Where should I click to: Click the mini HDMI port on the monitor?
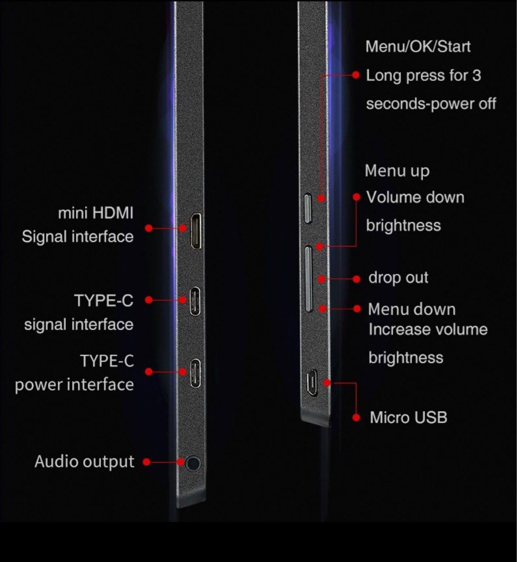(x=196, y=231)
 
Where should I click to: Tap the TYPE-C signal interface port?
(x=195, y=301)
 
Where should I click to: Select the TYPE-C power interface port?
(x=195, y=373)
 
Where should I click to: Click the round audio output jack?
(x=193, y=463)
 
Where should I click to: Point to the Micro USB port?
(x=312, y=383)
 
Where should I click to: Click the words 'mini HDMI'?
(x=96, y=213)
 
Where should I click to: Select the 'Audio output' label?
(x=85, y=462)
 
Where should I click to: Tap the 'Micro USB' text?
(x=408, y=417)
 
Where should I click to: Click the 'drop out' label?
(x=398, y=278)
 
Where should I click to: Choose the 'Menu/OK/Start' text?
(x=418, y=47)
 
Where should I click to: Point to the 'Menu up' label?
(x=397, y=171)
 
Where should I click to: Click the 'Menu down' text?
(x=411, y=309)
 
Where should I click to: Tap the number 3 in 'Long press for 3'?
(x=476, y=75)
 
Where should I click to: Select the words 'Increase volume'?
(x=428, y=329)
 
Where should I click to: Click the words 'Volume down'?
(x=415, y=198)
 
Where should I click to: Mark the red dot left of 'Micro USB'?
(x=356, y=417)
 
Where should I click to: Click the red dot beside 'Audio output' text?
(x=146, y=462)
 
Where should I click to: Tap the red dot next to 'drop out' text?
(x=356, y=279)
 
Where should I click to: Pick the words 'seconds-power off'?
(x=431, y=104)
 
